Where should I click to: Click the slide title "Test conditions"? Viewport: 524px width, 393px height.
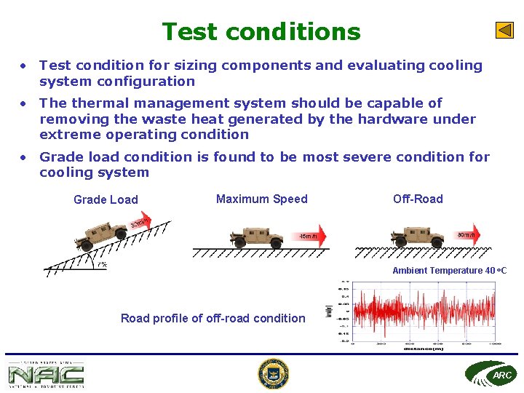261,32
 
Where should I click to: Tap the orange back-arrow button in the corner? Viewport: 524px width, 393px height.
504,31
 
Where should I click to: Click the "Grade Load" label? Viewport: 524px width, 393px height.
106,199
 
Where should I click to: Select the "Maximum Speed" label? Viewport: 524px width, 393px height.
262,199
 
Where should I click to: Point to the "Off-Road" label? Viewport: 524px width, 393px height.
418,199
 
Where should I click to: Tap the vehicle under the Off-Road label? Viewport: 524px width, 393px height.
417,237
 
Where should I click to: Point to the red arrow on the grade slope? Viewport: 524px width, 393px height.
142,221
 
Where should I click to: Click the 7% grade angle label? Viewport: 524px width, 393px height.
102,265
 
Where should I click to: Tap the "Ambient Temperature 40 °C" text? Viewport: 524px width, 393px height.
449,271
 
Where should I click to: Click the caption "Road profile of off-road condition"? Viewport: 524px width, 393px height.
213,318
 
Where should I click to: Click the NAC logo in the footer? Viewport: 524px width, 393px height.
46,375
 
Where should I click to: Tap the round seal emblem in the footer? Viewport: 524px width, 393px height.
273,374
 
